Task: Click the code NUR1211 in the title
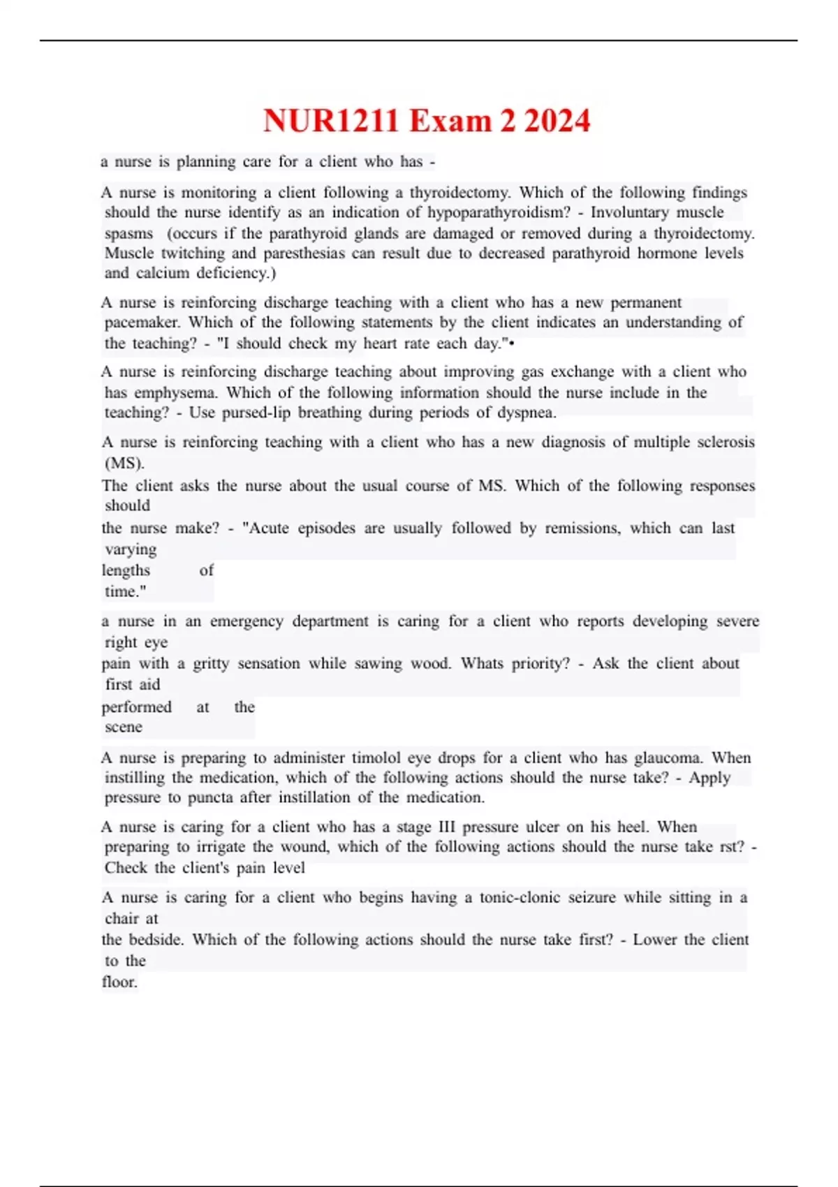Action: (331, 121)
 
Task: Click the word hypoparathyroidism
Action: (499, 212)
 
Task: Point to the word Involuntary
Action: (633, 212)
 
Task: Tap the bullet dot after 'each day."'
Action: (513, 344)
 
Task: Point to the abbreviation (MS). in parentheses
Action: (124, 463)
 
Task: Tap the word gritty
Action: (211, 663)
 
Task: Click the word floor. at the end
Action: (119, 982)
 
